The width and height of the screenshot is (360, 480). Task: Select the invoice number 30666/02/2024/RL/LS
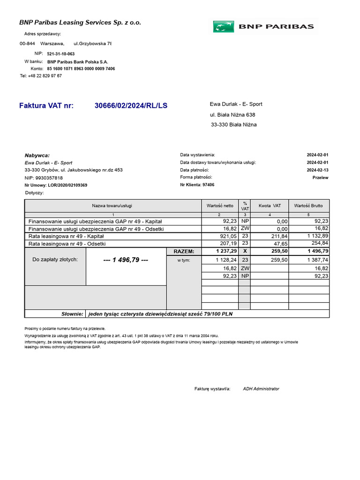click(x=131, y=106)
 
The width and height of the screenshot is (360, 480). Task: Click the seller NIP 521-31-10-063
click(x=60, y=54)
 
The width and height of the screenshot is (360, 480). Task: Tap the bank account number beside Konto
click(x=81, y=69)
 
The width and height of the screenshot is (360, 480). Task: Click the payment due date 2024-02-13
click(x=317, y=170)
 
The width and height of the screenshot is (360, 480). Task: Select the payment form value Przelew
click(x=320, y=178)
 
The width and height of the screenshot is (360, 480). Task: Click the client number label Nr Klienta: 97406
click(x=197, y=185)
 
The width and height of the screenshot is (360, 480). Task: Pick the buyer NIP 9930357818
click(x=44, y=178)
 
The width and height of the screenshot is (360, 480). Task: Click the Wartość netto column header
click(x=220, y=206)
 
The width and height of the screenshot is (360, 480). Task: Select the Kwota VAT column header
click(x=270, y=206)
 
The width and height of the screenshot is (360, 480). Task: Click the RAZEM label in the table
click(x=184, y=251)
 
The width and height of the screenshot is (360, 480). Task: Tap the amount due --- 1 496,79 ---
click(x=126, y=260)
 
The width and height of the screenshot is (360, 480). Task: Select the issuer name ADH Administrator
click(x=261, y=389)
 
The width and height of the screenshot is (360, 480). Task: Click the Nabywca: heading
click(x=37, y=156)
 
